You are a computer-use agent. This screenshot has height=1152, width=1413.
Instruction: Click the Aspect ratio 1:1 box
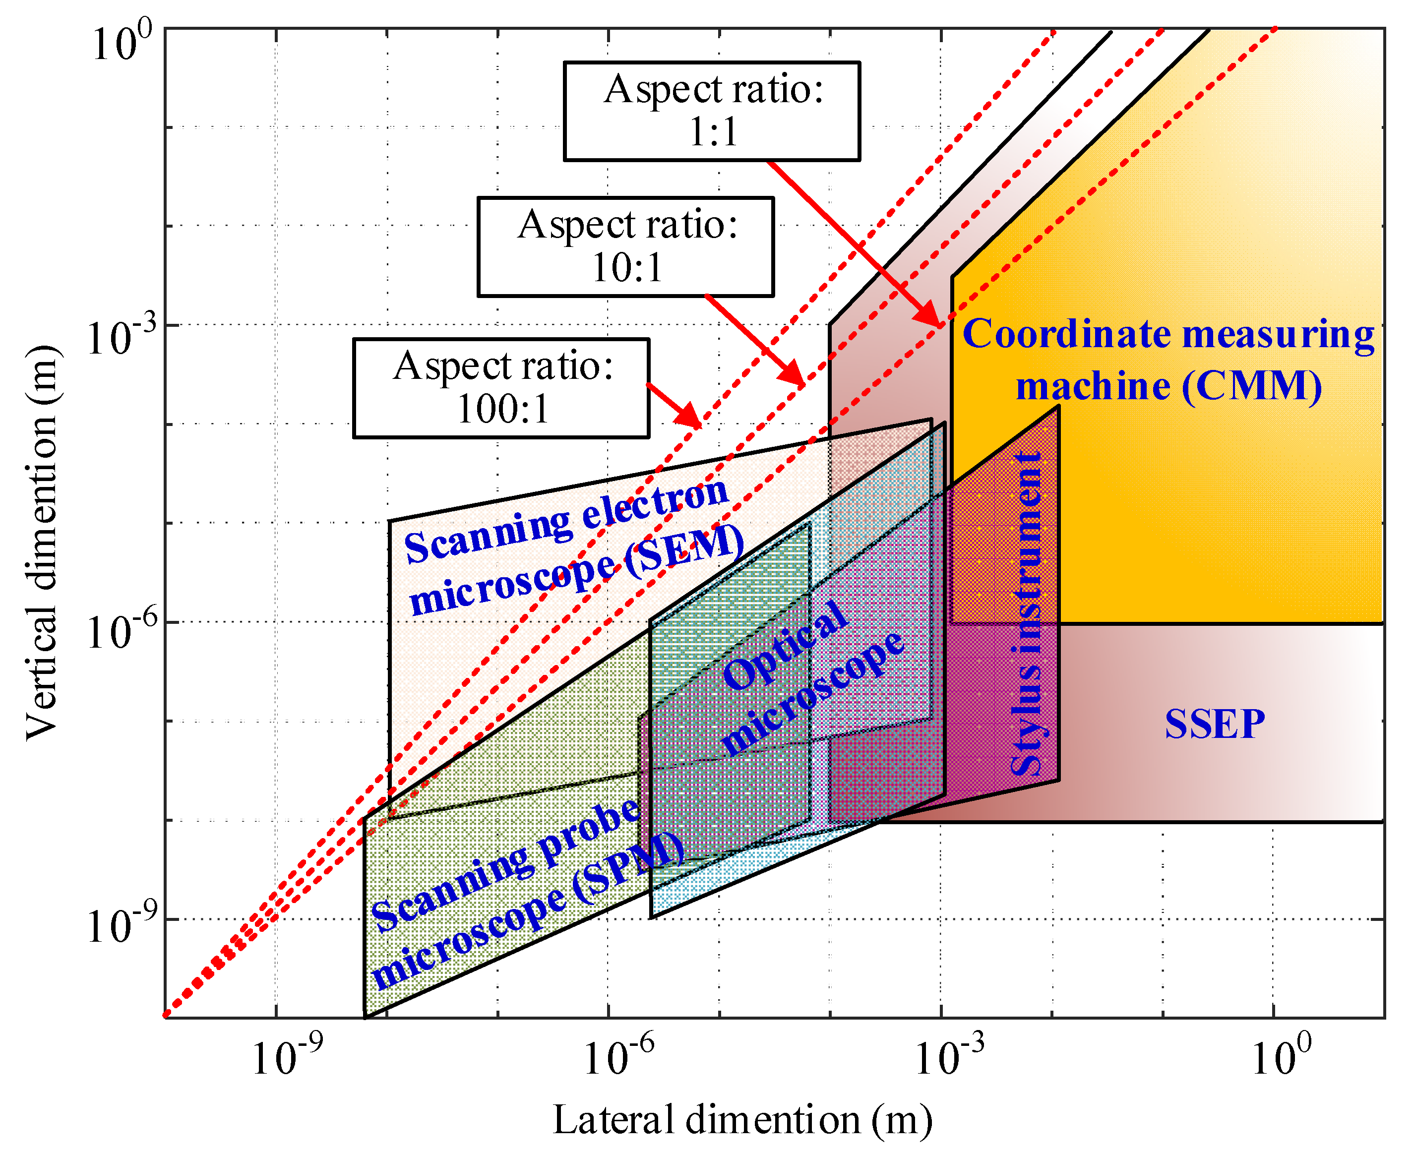tap(712, 111)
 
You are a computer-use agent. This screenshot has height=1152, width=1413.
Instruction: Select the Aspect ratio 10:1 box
tap(625, 246)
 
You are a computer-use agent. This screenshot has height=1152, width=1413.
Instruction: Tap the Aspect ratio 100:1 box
tap(501, 388)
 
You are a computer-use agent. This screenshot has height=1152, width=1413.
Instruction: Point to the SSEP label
tap(1215, 724)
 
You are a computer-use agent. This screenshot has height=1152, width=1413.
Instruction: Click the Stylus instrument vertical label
tap(1028, 614)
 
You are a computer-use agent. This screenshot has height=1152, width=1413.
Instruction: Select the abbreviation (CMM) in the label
tap(1252, 386)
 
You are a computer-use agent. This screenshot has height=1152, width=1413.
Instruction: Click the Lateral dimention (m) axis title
tap(742, 1120)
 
